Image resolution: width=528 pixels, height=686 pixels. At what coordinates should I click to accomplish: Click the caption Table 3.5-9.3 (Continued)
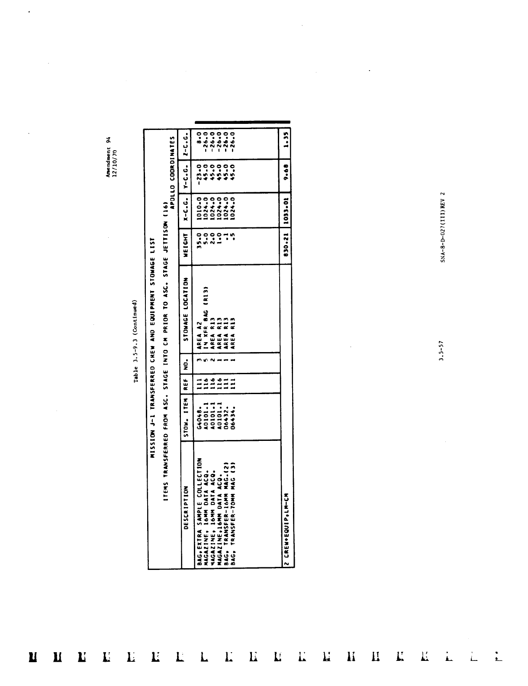[x=136, y=341]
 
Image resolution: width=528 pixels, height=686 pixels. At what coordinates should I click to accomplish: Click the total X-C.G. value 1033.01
[x=286, y=210]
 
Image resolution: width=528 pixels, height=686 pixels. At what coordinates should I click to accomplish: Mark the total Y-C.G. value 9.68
[x=286, y=176]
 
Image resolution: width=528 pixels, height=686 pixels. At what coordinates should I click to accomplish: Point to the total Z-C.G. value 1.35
[x=286, y=144]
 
